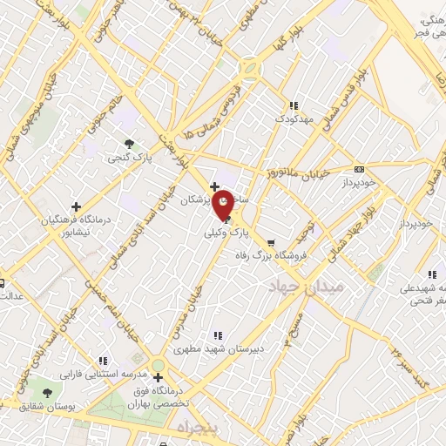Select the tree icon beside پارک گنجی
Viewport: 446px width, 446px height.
(130, 144)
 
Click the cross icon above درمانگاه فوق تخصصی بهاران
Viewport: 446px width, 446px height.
(158, 377)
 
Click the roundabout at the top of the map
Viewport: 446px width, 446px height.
(251, 65)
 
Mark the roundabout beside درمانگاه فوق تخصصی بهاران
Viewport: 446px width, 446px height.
(158, 364)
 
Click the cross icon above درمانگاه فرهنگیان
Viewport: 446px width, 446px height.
(76, 206)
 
